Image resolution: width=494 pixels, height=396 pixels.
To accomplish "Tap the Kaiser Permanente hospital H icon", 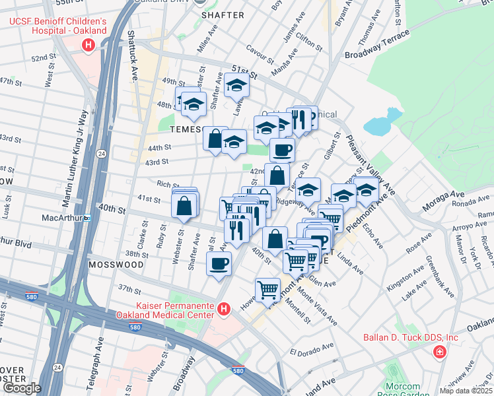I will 224,309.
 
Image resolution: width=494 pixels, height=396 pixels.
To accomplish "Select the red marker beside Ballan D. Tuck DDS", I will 439,352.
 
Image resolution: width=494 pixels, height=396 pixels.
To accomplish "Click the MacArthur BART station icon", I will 86,218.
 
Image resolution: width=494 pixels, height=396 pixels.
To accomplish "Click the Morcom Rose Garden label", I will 402,390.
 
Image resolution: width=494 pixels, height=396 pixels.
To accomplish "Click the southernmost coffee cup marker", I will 219,264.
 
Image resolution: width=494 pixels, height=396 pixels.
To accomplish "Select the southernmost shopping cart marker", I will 267,289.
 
